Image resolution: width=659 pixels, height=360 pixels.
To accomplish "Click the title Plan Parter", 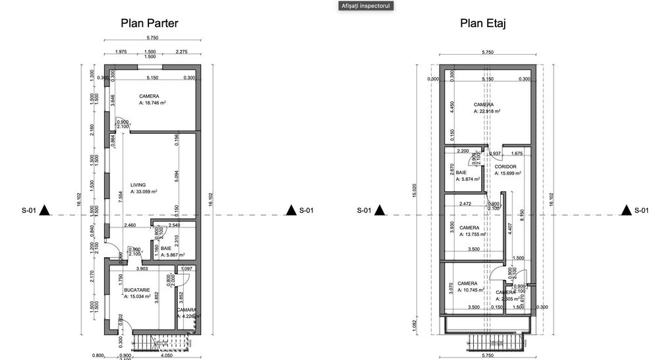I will tap(150, 24).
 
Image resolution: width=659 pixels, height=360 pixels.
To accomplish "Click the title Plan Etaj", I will tap(487, 24).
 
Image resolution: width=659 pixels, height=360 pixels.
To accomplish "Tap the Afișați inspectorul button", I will tap(365, 5).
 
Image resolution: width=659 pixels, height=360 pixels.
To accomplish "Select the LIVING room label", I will tap(138, 185).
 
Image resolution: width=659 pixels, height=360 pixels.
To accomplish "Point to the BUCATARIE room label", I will tap(137, 290).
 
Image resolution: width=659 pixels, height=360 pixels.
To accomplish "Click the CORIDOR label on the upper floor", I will tap(505, 167).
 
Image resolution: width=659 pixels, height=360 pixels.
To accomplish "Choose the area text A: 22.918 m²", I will tap(487, 111).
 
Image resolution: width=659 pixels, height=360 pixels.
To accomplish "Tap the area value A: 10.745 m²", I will tap(471, 289).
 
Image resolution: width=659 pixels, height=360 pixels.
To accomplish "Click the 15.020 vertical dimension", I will tap(414, 195).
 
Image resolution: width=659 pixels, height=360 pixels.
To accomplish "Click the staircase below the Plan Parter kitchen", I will tap(161, 341).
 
